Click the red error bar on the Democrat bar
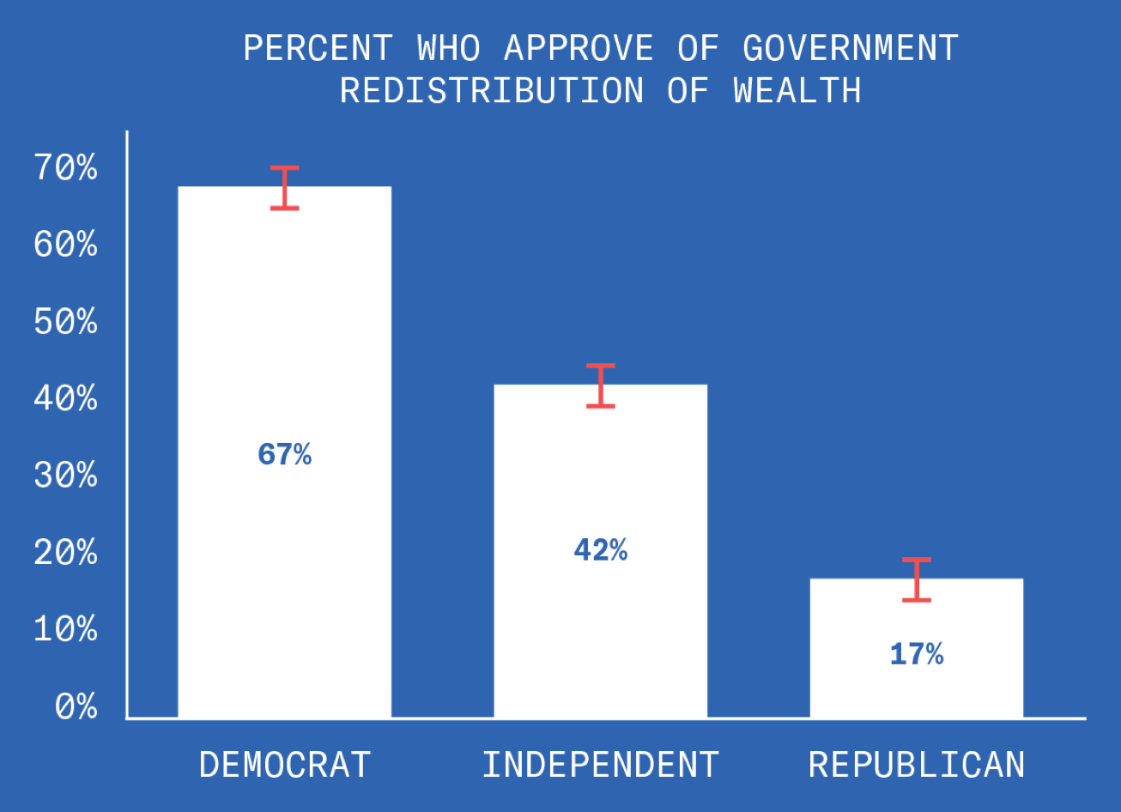(284, 188)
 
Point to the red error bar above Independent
(601, 385)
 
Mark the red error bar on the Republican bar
(917, 579)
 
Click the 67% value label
(284, 454)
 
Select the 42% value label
(600, 550)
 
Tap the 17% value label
(916, 655)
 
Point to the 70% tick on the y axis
(66, 168)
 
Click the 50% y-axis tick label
(66, 323)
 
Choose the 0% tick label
(76, 707)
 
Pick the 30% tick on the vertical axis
(66, 476)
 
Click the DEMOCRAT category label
(285, 765)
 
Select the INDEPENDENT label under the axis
(600, 765)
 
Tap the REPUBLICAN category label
(917, 765)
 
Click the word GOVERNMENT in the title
(851, 49)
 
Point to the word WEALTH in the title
(797, 90)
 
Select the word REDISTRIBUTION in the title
(492, 90)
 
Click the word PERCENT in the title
(318, 49)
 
